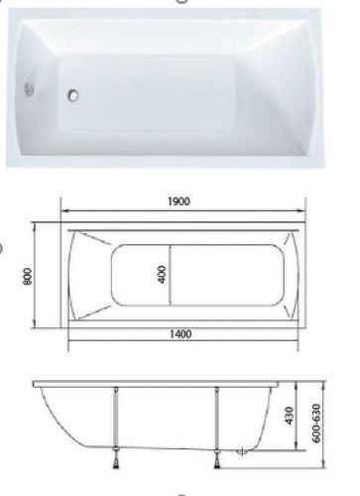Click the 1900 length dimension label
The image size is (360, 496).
[x=179, y=201]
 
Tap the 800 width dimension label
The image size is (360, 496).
[x=28, y=276]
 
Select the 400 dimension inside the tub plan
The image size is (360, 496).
[x=163, y=274]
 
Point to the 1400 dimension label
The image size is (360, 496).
[x=180, y=334]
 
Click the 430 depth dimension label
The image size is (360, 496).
[x=289, y=416]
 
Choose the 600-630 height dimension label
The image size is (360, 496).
[x=316, y=424]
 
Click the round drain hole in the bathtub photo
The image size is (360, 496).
[x=73, y=95]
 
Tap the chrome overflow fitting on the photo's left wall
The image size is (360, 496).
[x=29, y=87]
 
